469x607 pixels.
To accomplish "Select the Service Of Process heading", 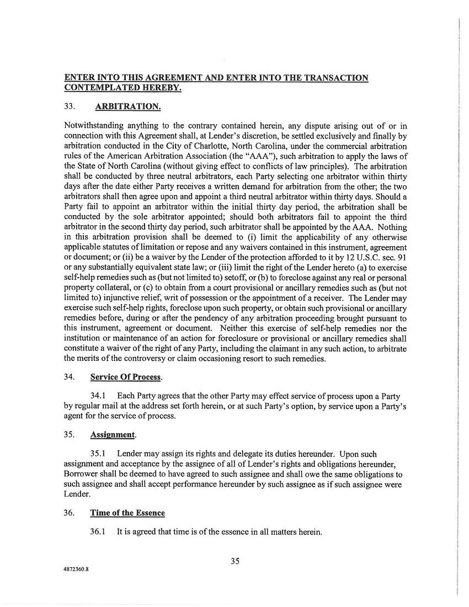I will [x=126, y=377].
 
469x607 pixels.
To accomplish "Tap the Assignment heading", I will [x=113, y=434].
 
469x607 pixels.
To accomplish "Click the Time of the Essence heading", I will [x=127, y=513].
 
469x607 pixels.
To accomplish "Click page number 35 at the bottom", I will [x=235, y=562].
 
